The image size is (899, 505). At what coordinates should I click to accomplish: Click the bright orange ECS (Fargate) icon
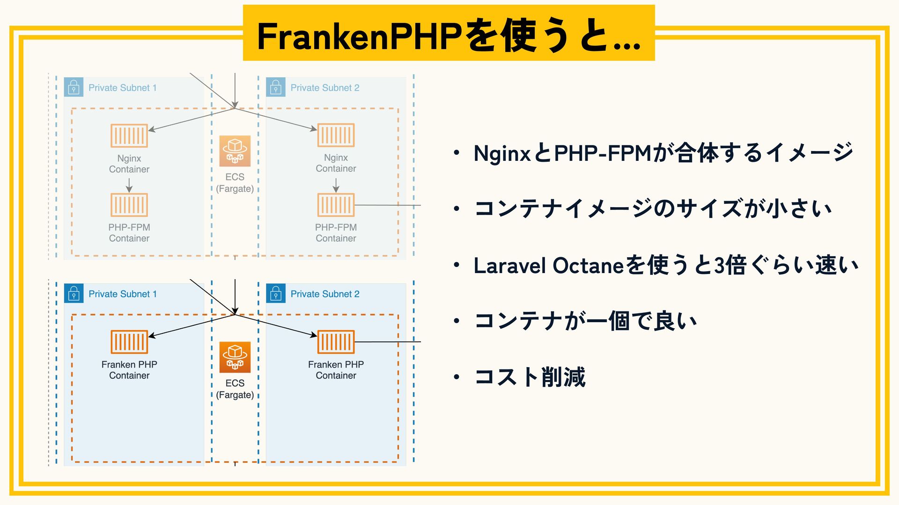point(235,357)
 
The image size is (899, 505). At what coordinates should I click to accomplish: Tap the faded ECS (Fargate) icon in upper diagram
point(235,151)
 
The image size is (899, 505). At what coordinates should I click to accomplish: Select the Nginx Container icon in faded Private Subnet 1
point(129,136)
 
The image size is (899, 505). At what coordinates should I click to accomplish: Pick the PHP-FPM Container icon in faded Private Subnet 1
point(129,205)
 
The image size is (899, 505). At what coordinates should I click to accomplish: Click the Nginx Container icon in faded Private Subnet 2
point(336,135)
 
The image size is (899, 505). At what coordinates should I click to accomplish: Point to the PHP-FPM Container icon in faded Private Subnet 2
point(336,205)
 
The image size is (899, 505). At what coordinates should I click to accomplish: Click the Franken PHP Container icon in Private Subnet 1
point(129,342)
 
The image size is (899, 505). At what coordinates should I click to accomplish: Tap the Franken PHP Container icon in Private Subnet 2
point(336,342)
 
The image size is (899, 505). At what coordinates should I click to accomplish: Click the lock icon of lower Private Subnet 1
point(74,294)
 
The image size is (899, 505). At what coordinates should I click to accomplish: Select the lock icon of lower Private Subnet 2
point(276,294)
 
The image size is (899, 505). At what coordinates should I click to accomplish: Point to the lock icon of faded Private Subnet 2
point(276,87)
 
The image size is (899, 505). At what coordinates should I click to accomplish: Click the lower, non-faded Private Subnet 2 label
point(325,294)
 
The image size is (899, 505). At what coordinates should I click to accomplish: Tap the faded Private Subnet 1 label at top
point(123,88)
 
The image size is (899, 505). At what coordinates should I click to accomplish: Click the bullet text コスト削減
point(530,377)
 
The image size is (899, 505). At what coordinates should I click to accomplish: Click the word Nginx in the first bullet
point(502,153)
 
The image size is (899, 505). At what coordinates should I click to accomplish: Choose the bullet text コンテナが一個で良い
point(585,321)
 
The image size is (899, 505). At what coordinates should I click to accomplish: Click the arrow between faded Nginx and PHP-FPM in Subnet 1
point(129,185)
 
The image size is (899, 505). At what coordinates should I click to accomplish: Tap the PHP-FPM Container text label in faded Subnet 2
point(336,233)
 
